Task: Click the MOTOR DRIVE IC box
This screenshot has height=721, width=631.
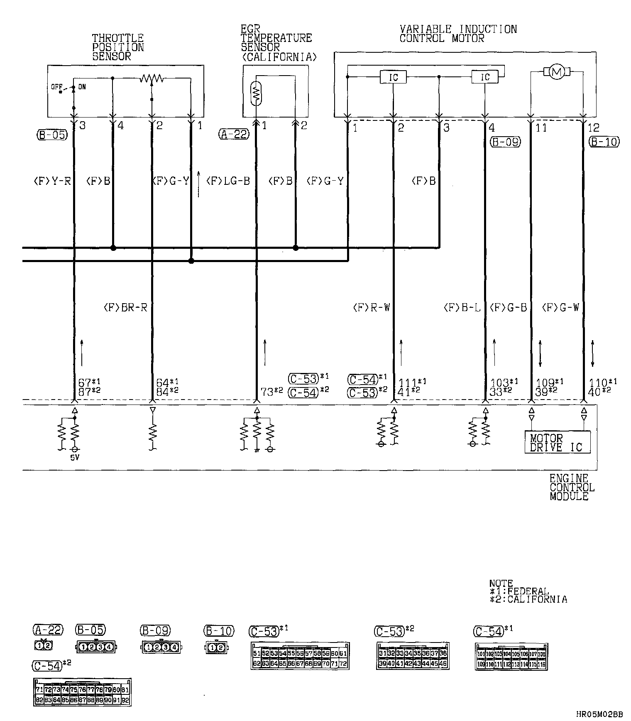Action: [x=557, y=442]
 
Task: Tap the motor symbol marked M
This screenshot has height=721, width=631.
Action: [x=557, y=72]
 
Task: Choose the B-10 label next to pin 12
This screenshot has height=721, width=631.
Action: [x=604, y=142]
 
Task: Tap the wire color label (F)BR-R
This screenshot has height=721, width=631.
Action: [x=125, y=308]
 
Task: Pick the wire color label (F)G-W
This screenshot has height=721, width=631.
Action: [x=560, y=308]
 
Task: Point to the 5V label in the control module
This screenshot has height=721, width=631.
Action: [x=75, y=459]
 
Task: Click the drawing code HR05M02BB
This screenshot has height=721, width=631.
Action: [x=599, y=714]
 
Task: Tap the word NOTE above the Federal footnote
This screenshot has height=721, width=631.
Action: [x=501, y=583]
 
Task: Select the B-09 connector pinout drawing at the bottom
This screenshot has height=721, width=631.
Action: [x=162, y=647]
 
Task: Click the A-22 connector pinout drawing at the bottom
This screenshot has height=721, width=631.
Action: [x=43, y=645]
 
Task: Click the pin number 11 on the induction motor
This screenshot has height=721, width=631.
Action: [x=541, y=128]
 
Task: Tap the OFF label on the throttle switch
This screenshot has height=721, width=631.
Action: [x=57, y=87]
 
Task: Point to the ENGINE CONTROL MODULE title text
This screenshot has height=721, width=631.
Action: [x=572, y=487]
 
